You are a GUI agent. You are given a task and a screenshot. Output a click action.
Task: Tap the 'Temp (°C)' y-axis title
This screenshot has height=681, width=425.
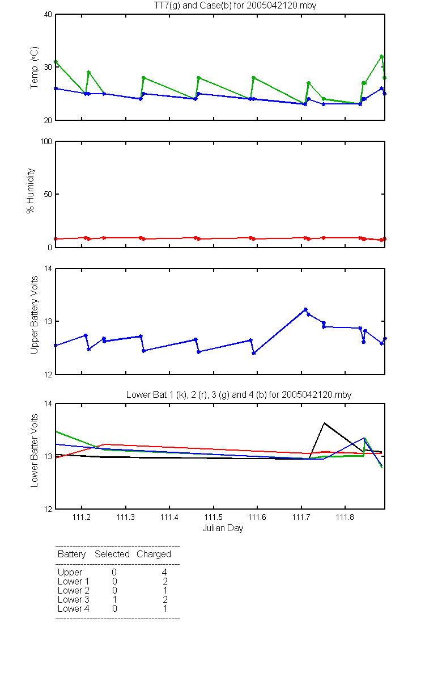click(35, 68)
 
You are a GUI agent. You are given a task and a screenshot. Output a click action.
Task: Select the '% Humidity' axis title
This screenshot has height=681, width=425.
click(31, 191)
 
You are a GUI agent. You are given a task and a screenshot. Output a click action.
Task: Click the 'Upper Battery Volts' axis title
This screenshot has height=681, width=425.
click(34, 315)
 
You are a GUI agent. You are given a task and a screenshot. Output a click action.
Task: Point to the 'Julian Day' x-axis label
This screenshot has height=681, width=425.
click(223, 528)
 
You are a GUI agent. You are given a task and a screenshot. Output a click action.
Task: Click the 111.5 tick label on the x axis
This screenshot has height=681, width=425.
click(214, 517)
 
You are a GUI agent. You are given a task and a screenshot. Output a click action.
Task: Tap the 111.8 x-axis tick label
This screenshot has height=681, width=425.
click(345, 517)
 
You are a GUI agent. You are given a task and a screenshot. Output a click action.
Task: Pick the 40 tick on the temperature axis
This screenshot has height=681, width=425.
click(48, 15)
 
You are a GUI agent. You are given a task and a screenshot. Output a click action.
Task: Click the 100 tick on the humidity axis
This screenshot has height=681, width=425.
click(46, 142)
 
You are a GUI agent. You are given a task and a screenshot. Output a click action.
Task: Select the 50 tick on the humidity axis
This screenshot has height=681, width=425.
click(48, 194)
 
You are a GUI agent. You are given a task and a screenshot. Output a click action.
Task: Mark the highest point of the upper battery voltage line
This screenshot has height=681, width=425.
click(305, 309)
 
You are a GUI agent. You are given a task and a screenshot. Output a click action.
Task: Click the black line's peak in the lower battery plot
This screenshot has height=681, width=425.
click(324, 423)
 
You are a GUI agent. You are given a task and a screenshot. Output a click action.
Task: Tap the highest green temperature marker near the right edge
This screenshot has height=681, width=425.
click(381, 57)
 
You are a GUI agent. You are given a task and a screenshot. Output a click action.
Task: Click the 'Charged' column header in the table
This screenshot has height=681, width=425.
click(154, 554)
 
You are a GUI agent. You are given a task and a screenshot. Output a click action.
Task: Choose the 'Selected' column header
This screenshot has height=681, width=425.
click(112, 554)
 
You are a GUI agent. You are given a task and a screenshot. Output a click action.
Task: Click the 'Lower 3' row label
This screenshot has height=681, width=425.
click(74, 599)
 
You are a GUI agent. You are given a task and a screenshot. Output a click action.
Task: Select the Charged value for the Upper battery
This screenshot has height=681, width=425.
click(164, 572)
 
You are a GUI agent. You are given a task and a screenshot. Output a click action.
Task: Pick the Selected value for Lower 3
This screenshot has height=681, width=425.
click(114, 599)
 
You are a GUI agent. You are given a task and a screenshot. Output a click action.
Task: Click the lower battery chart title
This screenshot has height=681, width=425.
click(239, 394)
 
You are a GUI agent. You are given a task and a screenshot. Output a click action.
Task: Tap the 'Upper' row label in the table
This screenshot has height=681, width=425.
click(70, 573)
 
